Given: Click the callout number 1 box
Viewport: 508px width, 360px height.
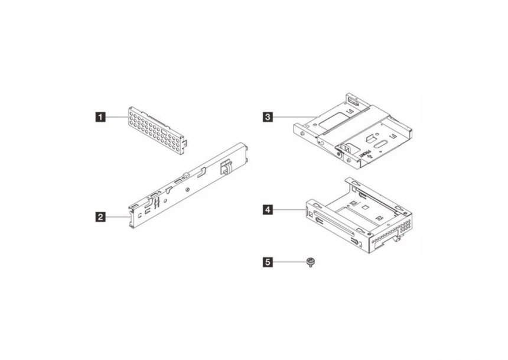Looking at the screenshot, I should pyautogui.click(x=101, y=117).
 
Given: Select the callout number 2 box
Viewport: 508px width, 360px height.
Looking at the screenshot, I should pyautogui.click(x=101, y=218).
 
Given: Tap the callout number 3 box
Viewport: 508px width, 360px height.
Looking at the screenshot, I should pyautogui.click(x=269, y=117).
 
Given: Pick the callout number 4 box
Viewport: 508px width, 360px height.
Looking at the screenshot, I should pyautogui.click(x=269, y=210).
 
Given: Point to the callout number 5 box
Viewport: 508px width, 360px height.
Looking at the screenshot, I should pyautogui.click(x=269, y=261).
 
